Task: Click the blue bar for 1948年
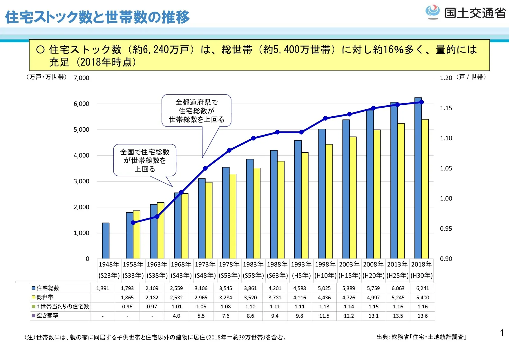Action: click(x=106, y=240)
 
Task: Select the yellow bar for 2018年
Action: click(x=425, y=189)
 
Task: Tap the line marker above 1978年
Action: click(x=229, y=150)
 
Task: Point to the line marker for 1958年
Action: click(x=133, y=223)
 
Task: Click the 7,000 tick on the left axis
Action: click(x=81, y=78)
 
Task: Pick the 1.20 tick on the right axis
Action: click(x=446, y=78)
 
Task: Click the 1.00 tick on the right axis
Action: click(x=446, y=198)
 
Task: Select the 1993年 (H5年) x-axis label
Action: click(x=301, y=269)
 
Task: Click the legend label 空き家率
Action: click(x=48, y=315)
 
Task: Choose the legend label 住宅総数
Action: click(x=48, y=288)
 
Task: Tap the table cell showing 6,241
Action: click(x=422, y=288)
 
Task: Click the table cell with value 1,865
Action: click(x=127, y=297)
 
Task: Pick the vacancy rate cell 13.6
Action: click(x=422, y=316)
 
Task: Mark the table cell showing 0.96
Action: click(x=127, y=307)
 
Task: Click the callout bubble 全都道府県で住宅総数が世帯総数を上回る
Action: click(x=196, y=111)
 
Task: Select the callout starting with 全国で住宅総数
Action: click(x=145, y=160)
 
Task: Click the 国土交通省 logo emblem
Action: click(x=432, y=12)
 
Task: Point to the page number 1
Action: click(x=502, y=333)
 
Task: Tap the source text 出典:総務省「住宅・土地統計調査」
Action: click(x=421, y=337)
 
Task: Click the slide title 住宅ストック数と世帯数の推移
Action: click(x=97, y=17)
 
